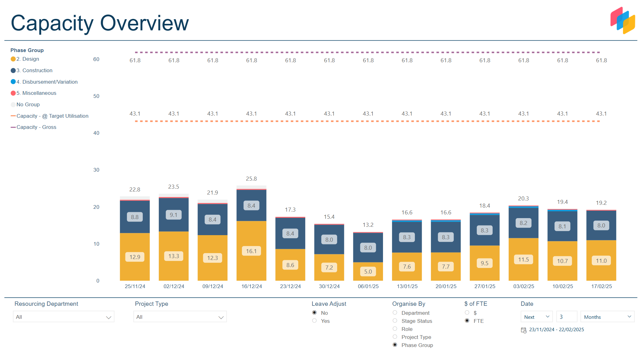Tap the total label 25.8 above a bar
click(251, 179)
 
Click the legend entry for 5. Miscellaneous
click(36, 93)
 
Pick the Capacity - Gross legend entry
click(36, 127)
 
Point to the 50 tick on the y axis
click(96, 96)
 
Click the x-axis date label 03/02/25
click(524, 287)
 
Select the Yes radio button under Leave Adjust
click(315, 321)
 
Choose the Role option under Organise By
click(395, 329)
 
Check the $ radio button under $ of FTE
click(467, 313)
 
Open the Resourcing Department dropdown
click(63, 317)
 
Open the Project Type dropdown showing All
click(180, 317)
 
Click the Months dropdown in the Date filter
click(607, 317)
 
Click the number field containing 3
click(566, 317)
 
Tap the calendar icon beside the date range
click(524, 330)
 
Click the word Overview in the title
click(144, 23)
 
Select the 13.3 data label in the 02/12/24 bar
click(174, 256)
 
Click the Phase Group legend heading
click(27, 50)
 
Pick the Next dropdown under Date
click(536, 317)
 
